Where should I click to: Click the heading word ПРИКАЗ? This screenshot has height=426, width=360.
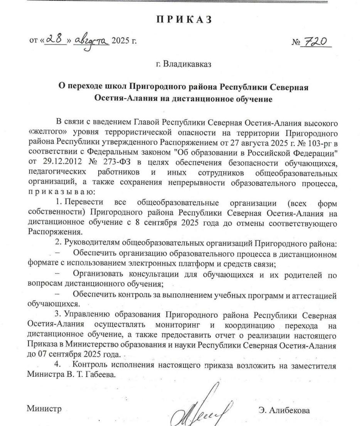185,20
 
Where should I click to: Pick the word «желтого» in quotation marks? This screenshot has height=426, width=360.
44,132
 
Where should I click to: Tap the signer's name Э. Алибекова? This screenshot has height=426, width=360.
284,410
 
